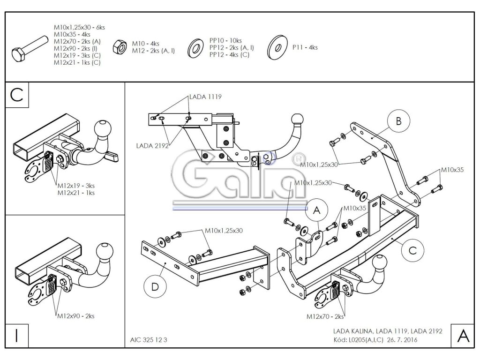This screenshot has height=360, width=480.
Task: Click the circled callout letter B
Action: tap(398, 121)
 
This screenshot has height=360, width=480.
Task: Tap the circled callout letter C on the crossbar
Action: tap(412, 250)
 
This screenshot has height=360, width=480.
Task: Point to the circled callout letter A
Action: tap(316, 211)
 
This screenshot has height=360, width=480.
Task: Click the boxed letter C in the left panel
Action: tap(17, 94)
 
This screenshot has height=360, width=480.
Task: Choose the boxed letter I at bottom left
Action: tap(17, 335)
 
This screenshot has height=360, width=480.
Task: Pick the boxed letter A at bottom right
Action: tap(463, 335)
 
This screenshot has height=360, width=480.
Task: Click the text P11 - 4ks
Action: tap(305, 47)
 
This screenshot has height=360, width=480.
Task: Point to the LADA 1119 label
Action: tap(205, 97)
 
